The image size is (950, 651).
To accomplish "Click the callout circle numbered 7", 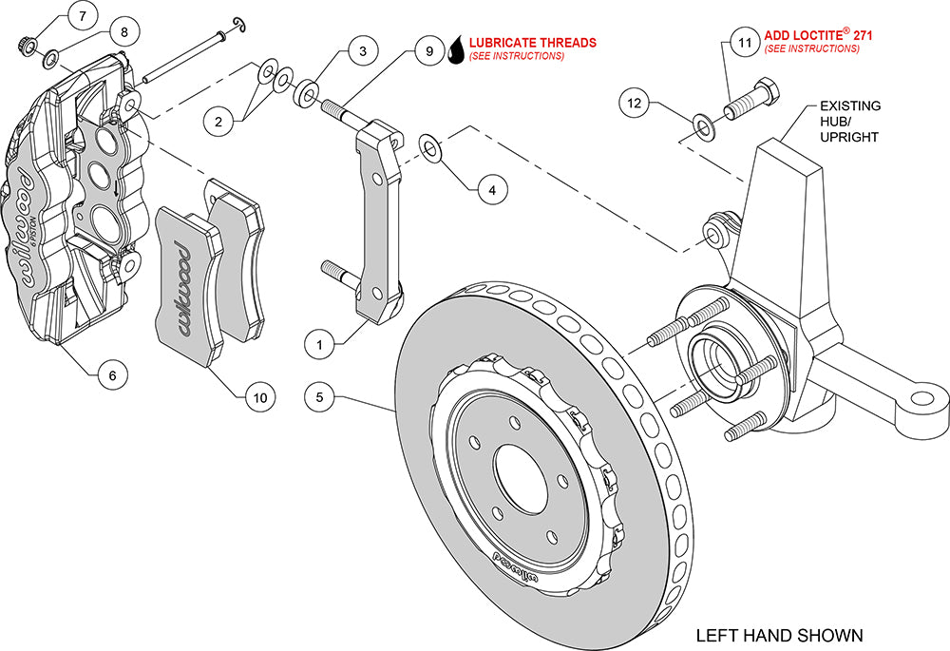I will point(83,16).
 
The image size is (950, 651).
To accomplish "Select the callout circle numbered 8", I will point(123,30).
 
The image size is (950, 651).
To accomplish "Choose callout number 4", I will point(491,190).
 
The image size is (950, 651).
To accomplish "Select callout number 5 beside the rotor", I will point(321,396).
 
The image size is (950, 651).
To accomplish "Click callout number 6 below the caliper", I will point(112,375).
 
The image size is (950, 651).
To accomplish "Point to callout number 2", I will point(218,121).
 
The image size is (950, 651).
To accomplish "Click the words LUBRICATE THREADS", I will point(533,43).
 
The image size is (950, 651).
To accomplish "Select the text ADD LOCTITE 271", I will point(818,35).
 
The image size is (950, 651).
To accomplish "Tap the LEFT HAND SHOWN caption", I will point(779,634).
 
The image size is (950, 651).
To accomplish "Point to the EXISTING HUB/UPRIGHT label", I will point(850,121).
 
